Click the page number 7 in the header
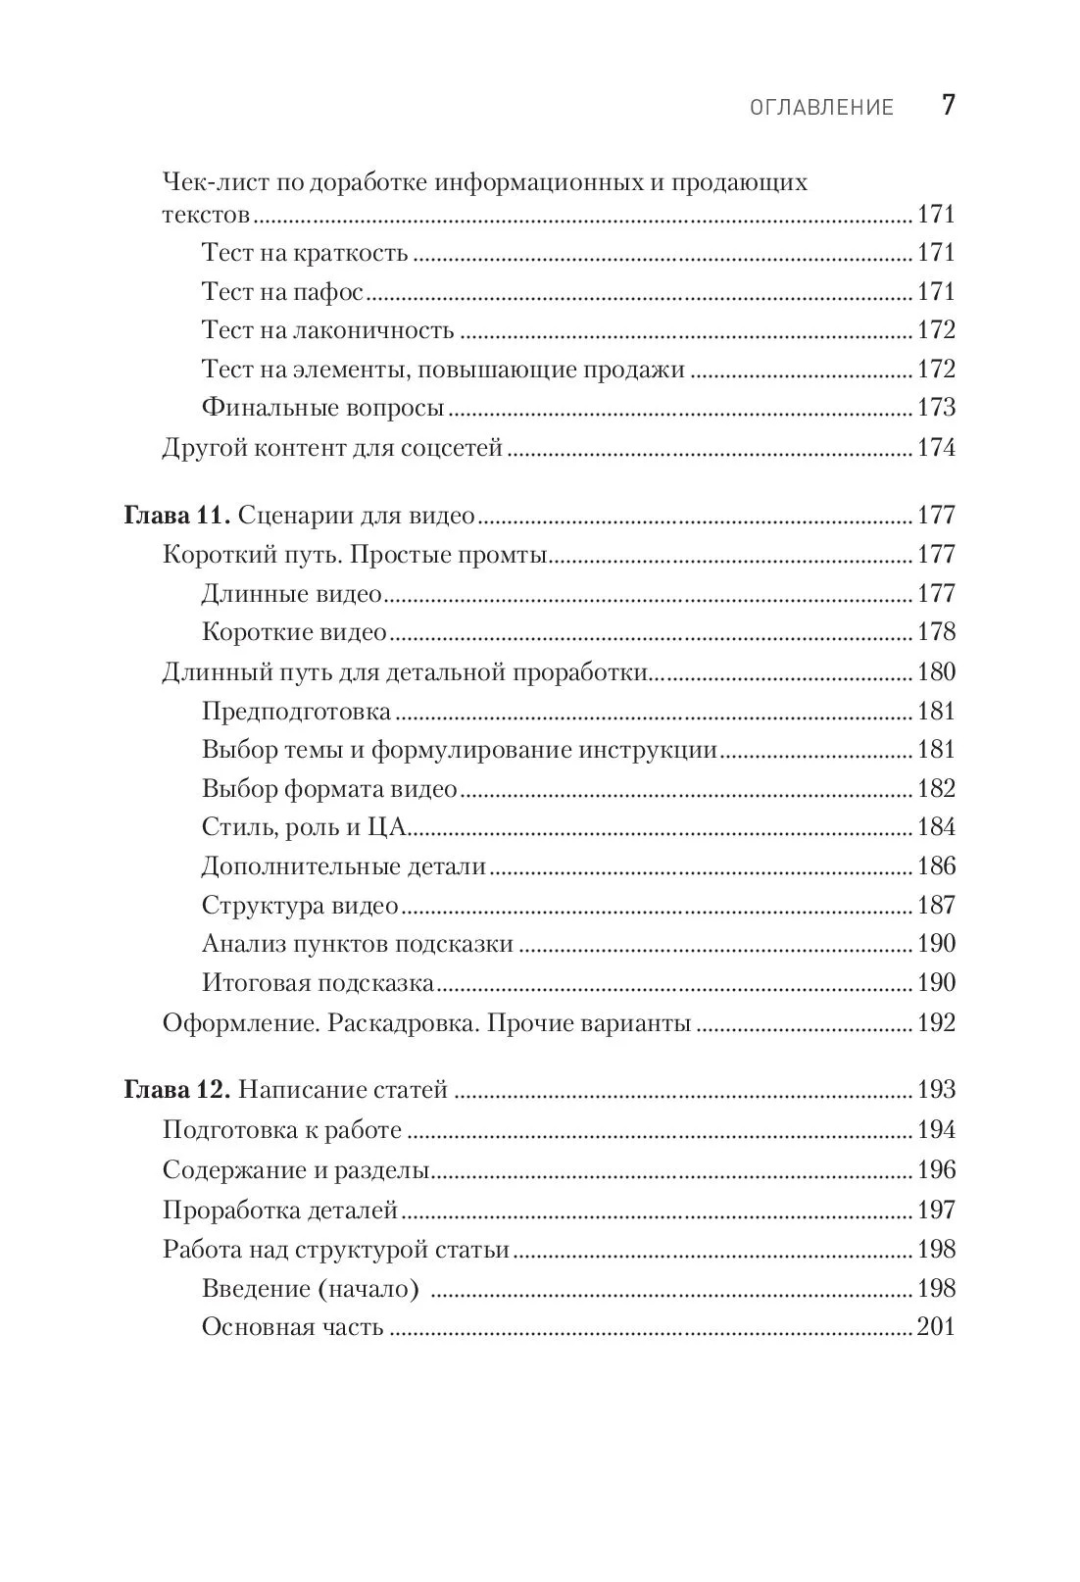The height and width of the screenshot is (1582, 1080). pyautogui.click(x=947, y=106)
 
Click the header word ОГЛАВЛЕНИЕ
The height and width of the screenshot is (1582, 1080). pyautogui.click(x=821, y=108)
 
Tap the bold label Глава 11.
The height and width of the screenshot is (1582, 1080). pyautogui.click(x=176, y=516)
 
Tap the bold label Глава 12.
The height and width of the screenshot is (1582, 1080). pyautogui.click(x=176, y=1090)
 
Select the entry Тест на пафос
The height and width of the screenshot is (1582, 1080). pyautogui.click(x=282, y=292)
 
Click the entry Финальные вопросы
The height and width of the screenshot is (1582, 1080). pyautogui.click(x=323, y=408)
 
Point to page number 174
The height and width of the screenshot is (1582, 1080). pyautogui.click(x=935, y=449)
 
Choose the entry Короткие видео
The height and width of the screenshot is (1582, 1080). pyautogui.click(x=294, y=632)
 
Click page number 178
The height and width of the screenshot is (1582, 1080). pyautogui.click(x=935, y=632)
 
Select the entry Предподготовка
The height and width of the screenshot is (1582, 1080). pyautogui.click(x=296, y=712)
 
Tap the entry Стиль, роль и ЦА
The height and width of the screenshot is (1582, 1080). pyautogui.click(x=304, y=827)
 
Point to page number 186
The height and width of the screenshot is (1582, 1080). pyautogui.click(x=935, y=866)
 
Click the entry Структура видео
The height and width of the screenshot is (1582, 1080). pyautogui.click(x=300, y=906)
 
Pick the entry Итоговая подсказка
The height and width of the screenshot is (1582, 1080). pyautogui.click(x=318, y=983)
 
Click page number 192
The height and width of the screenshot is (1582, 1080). pyautogui.click(x=935, y=1023)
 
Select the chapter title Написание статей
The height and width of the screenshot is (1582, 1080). pyautogui.click(x=343, y=1090)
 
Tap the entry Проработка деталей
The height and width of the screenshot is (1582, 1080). pyautogui.click(x=280, y=1211)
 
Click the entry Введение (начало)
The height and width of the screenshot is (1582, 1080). pyautogui.click(x=310, y=1289)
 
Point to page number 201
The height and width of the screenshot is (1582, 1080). pyautogui.click(x=935, y=1328)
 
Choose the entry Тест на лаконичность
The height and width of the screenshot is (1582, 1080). pyautogui.click(x=327, y=330)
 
